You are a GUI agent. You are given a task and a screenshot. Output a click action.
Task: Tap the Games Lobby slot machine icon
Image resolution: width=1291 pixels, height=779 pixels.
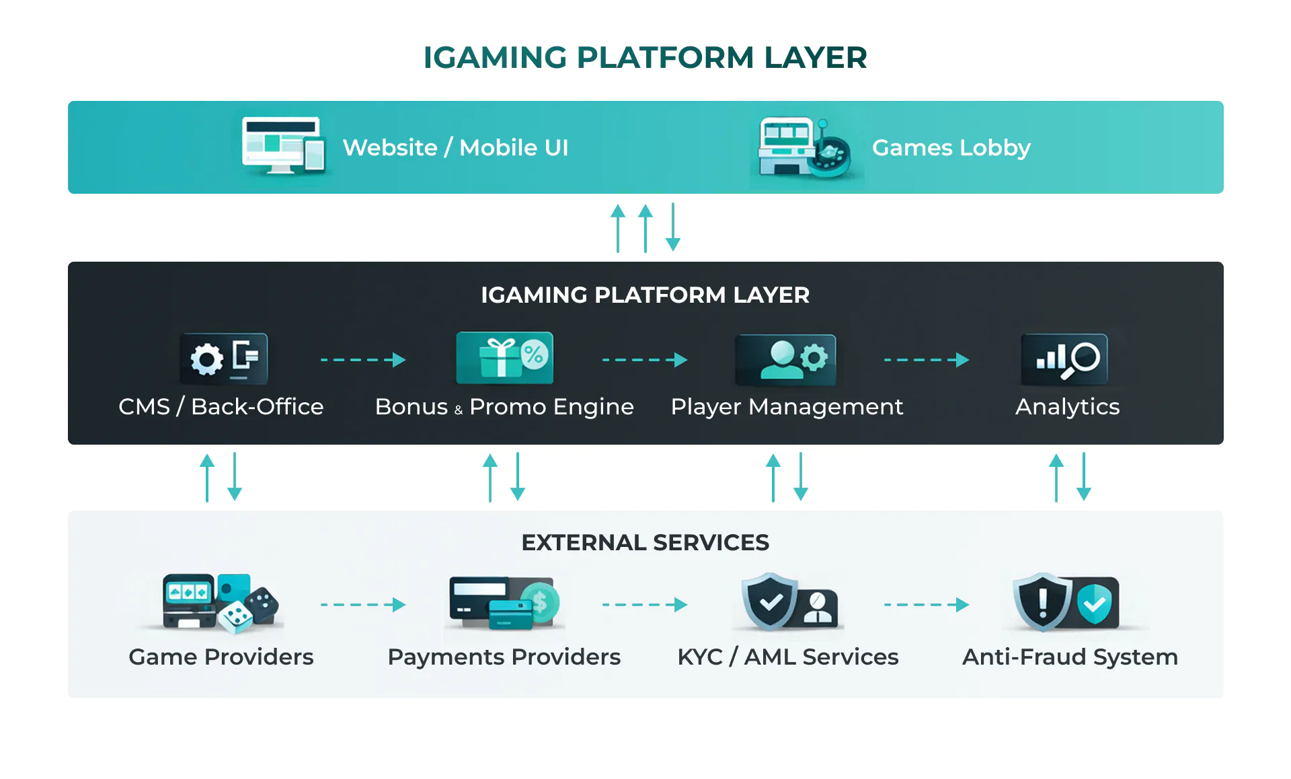pos(804,147)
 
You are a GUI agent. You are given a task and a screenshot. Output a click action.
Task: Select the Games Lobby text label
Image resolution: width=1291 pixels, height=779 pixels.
pos(951,148)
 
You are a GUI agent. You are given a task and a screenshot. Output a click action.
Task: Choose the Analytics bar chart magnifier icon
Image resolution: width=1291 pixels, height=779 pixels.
pos(1064,359)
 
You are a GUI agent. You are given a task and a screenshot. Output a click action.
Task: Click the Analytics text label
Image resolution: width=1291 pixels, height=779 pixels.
pos(1067,407)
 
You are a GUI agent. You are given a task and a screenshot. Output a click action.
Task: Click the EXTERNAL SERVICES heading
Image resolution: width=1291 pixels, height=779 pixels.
pos(645,543)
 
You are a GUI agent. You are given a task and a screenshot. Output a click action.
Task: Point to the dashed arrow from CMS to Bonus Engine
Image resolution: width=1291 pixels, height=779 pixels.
pos(363,360)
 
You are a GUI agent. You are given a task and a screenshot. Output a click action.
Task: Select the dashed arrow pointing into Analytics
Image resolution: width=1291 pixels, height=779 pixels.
pos(927,360)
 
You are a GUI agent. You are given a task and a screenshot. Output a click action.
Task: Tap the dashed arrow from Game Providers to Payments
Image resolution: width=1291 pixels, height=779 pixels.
pos(363,605)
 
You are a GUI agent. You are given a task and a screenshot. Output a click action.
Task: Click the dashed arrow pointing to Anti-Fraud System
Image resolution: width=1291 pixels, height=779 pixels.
pos(927,605)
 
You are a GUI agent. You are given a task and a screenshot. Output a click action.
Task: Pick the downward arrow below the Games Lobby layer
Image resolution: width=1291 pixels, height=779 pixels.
pos(673,227)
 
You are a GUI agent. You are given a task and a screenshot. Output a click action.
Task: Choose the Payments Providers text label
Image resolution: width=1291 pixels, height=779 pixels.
pos(504,657)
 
